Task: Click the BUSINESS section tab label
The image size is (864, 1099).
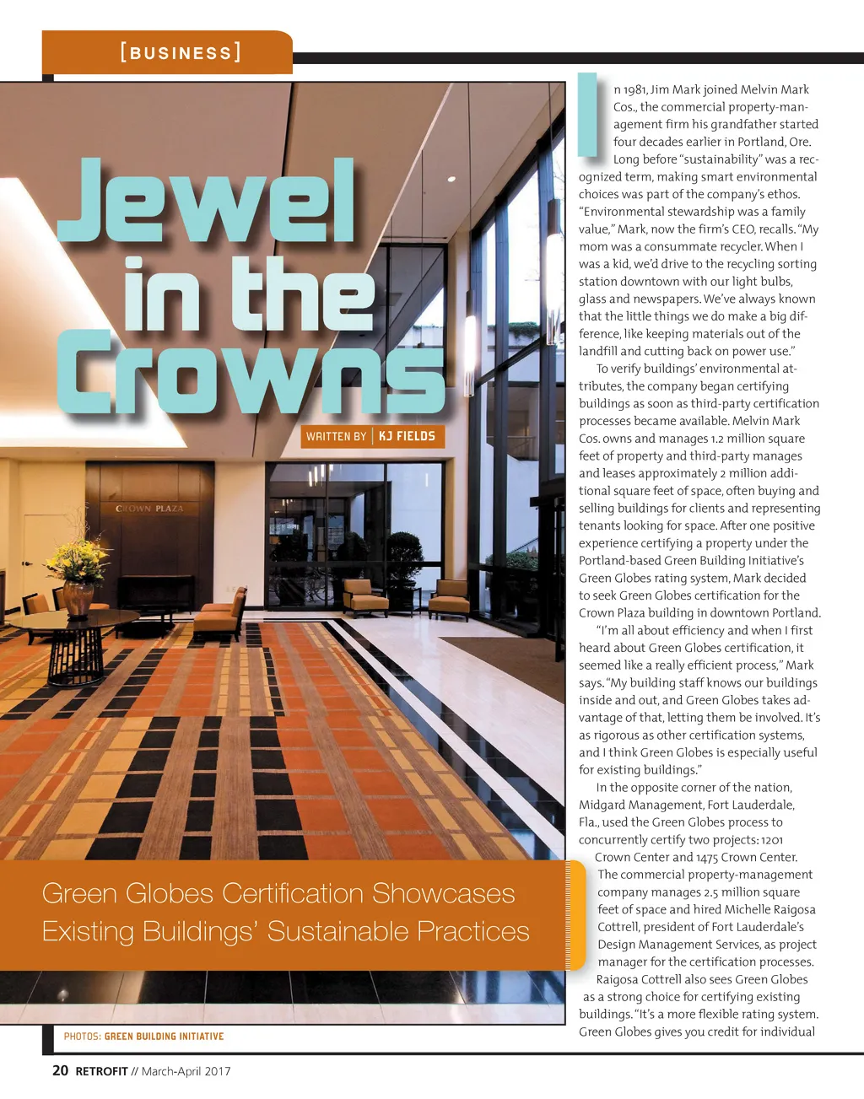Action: pyautogui.click(x=180, y=53)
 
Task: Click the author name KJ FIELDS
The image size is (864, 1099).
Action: pyautogui.click(x=407, y=436)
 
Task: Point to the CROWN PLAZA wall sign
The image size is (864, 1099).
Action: pyautogui.click(x=149, y=509)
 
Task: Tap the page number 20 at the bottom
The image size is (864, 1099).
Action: pyautogui.click(x=60, y=1070)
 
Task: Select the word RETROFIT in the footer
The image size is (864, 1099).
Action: pyautogui.click(x=101, y=1071)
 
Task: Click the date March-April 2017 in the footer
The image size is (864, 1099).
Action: pyautogui.click(x=186, y=1071)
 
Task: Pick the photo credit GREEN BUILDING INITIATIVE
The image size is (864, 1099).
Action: pyautogui.click(x=164, y=1036)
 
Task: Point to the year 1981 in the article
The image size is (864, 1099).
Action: pyautogui.click(x=634, y=89)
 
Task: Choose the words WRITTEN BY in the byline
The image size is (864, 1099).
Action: pyautogui.click(x=336, y=436)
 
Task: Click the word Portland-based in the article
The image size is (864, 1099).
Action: pyautogui.click(x=623, y=560)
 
